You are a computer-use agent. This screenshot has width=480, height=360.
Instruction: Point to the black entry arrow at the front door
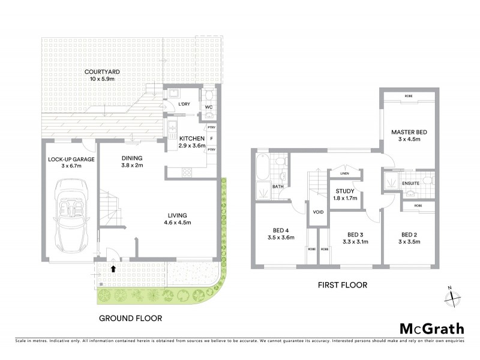click(x=113, y=269)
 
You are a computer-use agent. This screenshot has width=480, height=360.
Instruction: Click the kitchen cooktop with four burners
click(x=187, y=172)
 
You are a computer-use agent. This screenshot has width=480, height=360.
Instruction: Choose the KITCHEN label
click(x=192, y=139)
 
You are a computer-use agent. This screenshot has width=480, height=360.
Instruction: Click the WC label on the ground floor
click(x=209, y=108)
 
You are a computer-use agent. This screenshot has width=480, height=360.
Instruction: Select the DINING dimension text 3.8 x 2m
click(x=132, y=166)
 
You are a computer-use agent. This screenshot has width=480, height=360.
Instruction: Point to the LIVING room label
click(x=178, y=215)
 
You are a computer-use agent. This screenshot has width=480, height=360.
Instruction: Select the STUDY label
click(x=344, y=191)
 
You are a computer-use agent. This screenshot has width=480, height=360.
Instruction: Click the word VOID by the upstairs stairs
click(x=318, y=212)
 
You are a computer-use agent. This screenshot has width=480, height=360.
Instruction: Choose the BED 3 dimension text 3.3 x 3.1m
click(x=356, y=242)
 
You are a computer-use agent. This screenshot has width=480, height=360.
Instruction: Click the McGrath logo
click(x=431, y=328)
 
